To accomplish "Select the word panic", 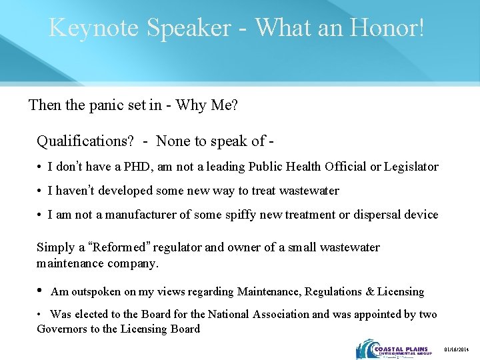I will [x=98, y=105].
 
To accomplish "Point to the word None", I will [x=173, y=141].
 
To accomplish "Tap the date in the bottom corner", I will [x=457, y=349].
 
